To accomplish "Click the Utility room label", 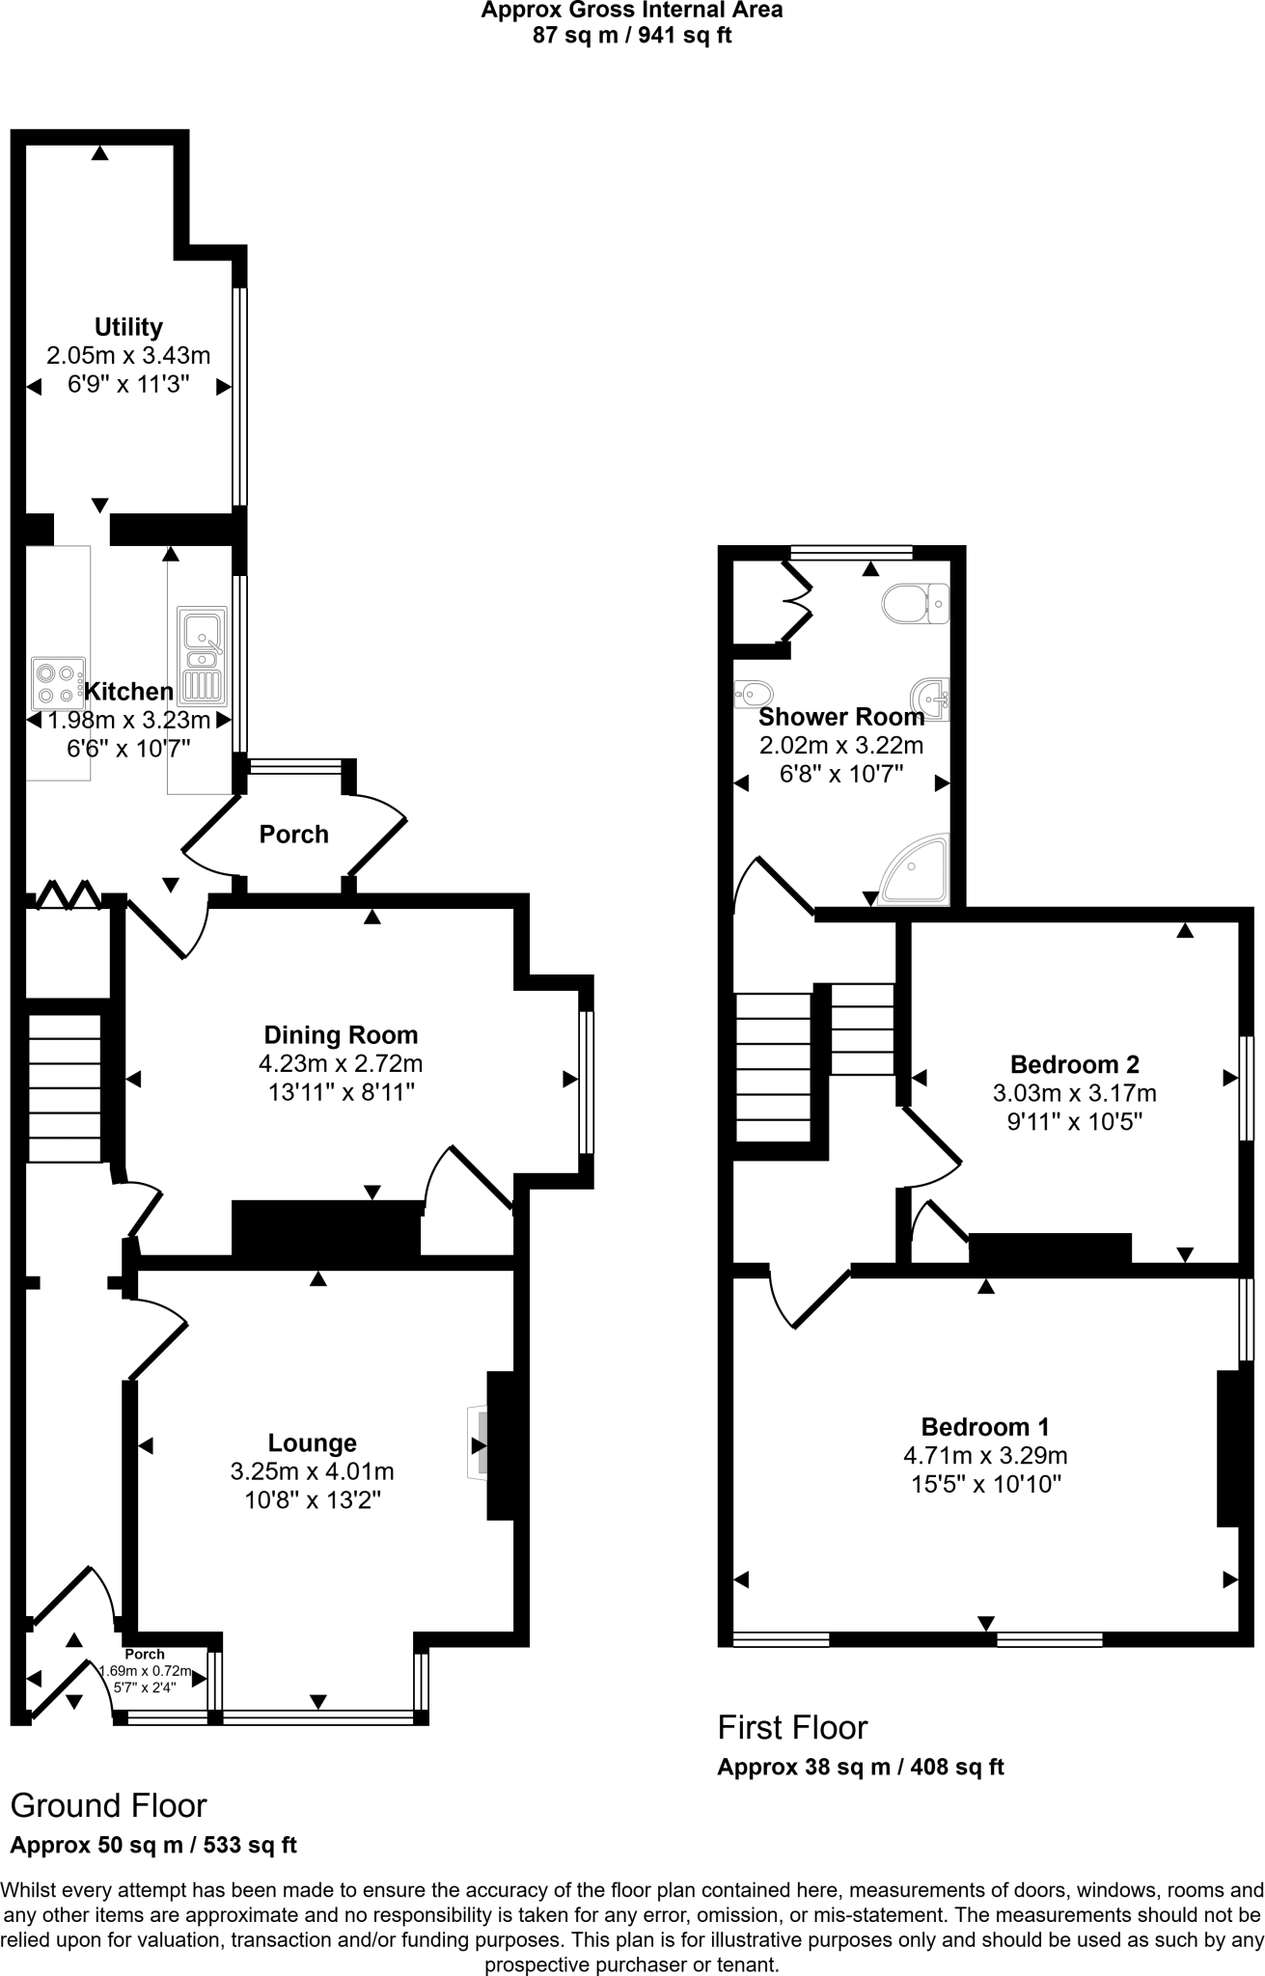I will (x=128, y=326).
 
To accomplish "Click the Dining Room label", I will (x=341, y=1035).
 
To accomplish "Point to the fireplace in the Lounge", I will (x=479, y=1444).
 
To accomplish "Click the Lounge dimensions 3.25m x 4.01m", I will (x=312, y=1471).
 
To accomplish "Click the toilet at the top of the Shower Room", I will (x=915, y=603).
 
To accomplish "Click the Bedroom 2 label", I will (x=1074, y=1064).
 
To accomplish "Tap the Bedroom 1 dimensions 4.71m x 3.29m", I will (x=985, y=1455).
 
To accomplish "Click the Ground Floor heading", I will (x=108, y=1805).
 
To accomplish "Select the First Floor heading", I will (x=792, y=1727).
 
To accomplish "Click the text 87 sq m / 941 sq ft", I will (x=632, y=37).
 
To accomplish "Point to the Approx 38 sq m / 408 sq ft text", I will (x=860, y=1768).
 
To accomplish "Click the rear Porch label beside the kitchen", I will (x=293, y=834).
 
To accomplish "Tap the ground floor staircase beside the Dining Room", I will (x=64, y=1087).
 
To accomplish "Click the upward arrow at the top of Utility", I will (x=99, y=152).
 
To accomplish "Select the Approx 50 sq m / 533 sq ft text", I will (x=152, y=1846).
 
